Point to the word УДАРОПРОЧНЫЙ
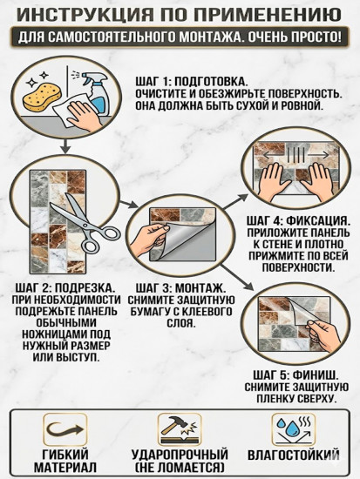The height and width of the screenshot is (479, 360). [x=180, y=455]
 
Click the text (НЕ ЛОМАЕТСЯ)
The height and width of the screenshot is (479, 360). [x=180, y=469]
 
